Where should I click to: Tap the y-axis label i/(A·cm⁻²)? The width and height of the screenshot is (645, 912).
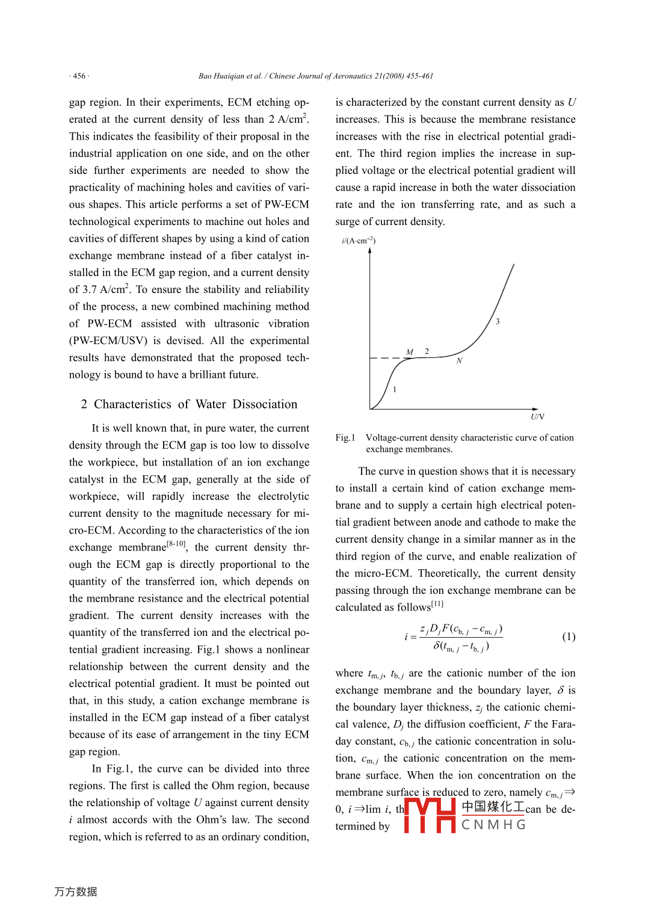coord(359,241)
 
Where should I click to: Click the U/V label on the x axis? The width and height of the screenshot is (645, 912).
coord(537,416)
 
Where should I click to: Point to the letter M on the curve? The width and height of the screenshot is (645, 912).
coord(410,352)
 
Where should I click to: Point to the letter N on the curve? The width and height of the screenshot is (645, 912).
coord(459,360)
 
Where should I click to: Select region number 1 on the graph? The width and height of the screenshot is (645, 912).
coord(395,389)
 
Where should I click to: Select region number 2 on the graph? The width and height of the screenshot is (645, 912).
coord(427,351)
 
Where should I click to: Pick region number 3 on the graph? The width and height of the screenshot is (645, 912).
coord(498,321)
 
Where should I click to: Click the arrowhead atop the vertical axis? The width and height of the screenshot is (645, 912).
coord(370,250)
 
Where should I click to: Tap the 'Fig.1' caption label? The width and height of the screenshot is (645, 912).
coord(345,438)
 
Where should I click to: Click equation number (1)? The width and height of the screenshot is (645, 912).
coord(569,636)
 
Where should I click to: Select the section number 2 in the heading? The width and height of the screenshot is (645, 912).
coord(84,404)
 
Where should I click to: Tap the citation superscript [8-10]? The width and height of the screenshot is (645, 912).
coord(176,544)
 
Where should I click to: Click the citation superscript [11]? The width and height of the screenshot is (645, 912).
coord(437,603)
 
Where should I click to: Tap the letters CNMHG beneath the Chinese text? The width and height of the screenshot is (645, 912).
coord(493,825)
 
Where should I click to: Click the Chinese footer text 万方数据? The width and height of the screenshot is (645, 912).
coord(76,892)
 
